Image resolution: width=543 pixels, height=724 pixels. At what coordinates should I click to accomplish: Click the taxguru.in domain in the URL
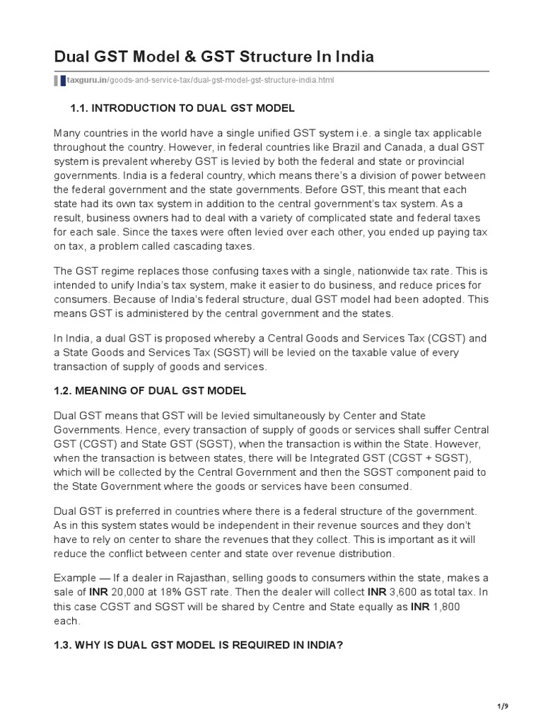[x=85, y=81]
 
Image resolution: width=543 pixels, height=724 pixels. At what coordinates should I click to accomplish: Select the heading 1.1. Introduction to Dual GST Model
[x=182, y=108]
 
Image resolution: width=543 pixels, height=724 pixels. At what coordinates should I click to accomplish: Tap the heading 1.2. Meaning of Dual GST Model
[x=150, y=391]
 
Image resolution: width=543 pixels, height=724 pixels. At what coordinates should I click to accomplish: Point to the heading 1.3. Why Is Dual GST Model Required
[x=198, y=646]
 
